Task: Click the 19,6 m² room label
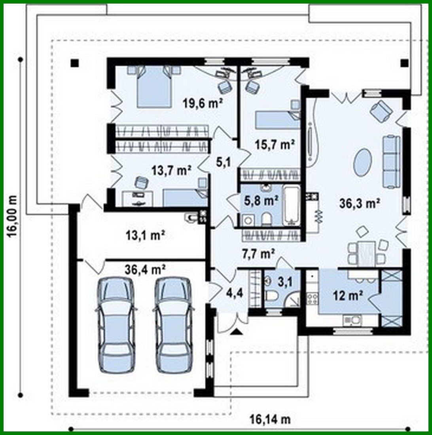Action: coord(203,104)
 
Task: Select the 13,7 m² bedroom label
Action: coord(171,170)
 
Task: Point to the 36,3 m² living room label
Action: coord(360,204)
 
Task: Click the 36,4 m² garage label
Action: coord(145,270)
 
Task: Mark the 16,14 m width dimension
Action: coord(271,418)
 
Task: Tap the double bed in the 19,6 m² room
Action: coord(154,87)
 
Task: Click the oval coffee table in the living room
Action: coord(362,162)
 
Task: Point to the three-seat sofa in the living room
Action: coord(392,162)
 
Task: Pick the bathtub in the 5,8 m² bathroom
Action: coord(292,204)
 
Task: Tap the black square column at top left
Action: coord(74,63)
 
